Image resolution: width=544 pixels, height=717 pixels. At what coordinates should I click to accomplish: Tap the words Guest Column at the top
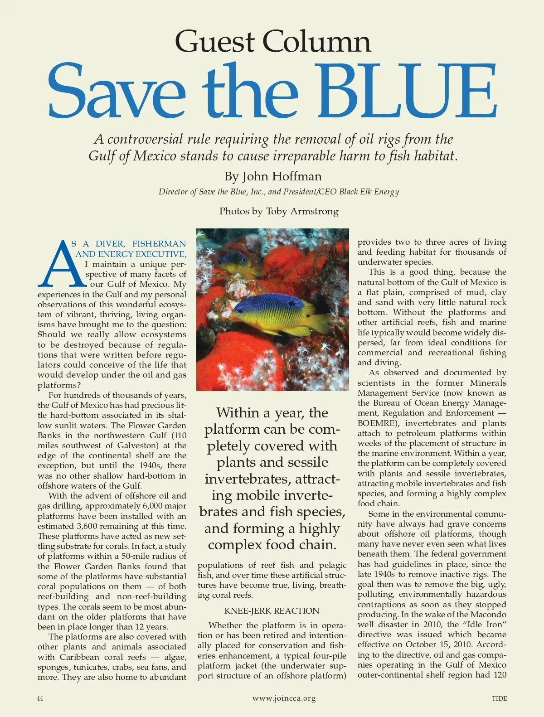coord(273,41)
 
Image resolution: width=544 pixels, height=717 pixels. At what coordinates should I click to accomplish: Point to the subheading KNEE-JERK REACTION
coord(272,611)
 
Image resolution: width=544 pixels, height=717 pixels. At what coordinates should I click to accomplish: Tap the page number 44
coord(40,698)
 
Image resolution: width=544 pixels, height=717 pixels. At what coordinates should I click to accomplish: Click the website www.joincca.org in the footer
coord(284,698)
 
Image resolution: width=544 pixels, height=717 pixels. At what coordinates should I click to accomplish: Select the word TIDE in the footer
coord(499,698)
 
